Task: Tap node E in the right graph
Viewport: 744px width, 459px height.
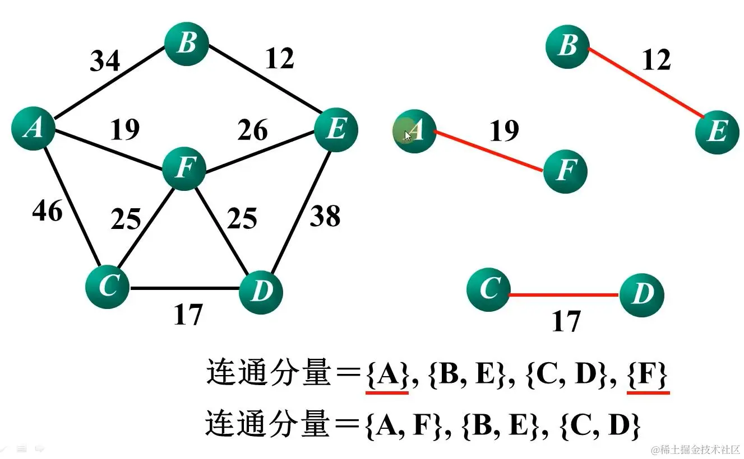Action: coord(717,132)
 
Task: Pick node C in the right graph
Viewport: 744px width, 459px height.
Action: coord(488,289)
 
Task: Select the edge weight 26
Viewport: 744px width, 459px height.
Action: coord(252,130)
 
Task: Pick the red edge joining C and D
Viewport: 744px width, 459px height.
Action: coord(564,295)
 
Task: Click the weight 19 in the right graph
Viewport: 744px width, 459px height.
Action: coord(503,131)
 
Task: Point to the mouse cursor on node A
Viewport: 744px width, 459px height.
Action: coord(408,135)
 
